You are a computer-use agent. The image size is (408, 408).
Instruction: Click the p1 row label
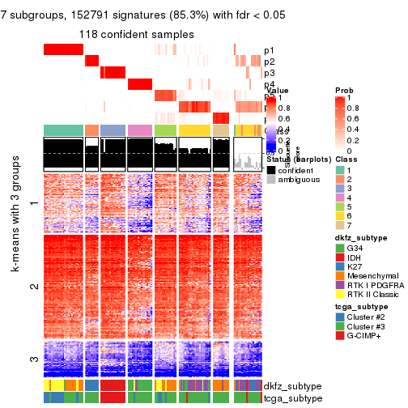(270, 50)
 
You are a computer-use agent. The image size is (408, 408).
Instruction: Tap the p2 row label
(270, 62)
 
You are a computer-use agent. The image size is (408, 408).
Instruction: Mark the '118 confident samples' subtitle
(136, 34)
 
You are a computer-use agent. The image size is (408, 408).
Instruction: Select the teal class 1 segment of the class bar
(62, 130)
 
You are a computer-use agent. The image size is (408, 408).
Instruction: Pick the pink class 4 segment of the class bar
(139, 130)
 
